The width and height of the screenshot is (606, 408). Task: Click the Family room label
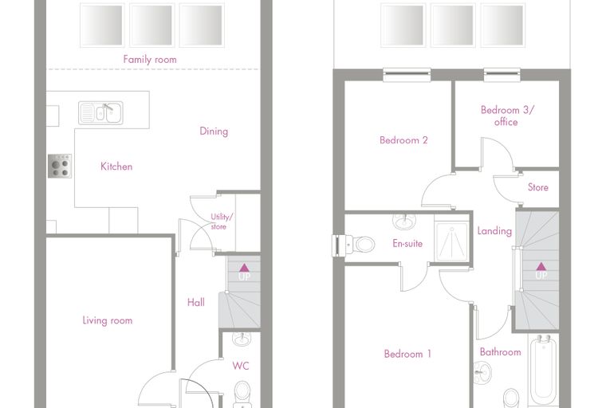pyautogui.click(x=150, y=60)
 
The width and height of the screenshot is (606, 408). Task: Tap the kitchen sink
pyautogui.click(x=100, y=113)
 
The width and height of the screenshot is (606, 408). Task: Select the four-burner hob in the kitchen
pyautogui.click(x=60, y=166)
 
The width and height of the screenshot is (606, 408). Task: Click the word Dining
pyautogui.click(x=214, y=131)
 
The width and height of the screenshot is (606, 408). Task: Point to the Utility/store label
pyautogui.click(x=222, y=222)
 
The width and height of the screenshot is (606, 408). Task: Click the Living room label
pyautogui.click(x=108, y=320)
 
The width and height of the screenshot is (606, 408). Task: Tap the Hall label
pyautogui.click(x=196, y=302)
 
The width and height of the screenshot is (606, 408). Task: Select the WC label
pyautogui.click(x=240, y=366)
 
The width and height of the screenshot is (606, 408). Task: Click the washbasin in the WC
pyautogui.click(x=242, y=339)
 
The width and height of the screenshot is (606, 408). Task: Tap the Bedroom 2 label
pyautogui.click(x=403, y=140)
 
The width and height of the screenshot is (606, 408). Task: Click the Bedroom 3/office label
pyautogui.click(x=506, y=116)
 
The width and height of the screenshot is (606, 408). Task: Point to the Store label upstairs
pyautogui.click(x=538, y=187)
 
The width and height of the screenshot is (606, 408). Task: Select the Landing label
pyautogui.click(x=494, y=231)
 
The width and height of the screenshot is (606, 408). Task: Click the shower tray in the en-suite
pyautogui.click(x=451, y=241)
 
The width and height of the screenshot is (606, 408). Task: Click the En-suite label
pyautogui.click(x=407, y=243)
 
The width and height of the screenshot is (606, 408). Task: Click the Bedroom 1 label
pyautogui.click(x=407, y=354)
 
